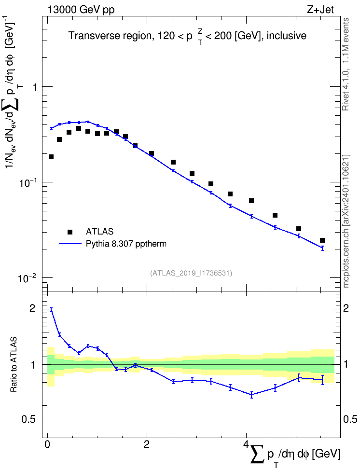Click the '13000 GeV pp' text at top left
click(81, 10)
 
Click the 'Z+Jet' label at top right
click(320, 10)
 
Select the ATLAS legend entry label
click(99, 232)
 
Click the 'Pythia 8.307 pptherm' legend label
click(126, 244)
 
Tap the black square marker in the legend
click(70, 232)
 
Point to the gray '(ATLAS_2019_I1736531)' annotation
click(191, 273)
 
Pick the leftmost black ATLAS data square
click(51, 157)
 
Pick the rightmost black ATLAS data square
click(322, 240)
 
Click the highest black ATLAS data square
click(79, 128)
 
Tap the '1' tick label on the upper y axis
click(35, 87)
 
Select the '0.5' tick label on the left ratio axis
click(28, 420)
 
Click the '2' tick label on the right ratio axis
click(346, 308)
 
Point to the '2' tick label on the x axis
click(147, 444)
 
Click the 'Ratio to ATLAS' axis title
click(14, 364)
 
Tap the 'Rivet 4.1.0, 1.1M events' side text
click(346, 64)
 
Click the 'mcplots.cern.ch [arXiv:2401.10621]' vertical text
click(346, 221)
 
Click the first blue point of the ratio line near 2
click(51, 310)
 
